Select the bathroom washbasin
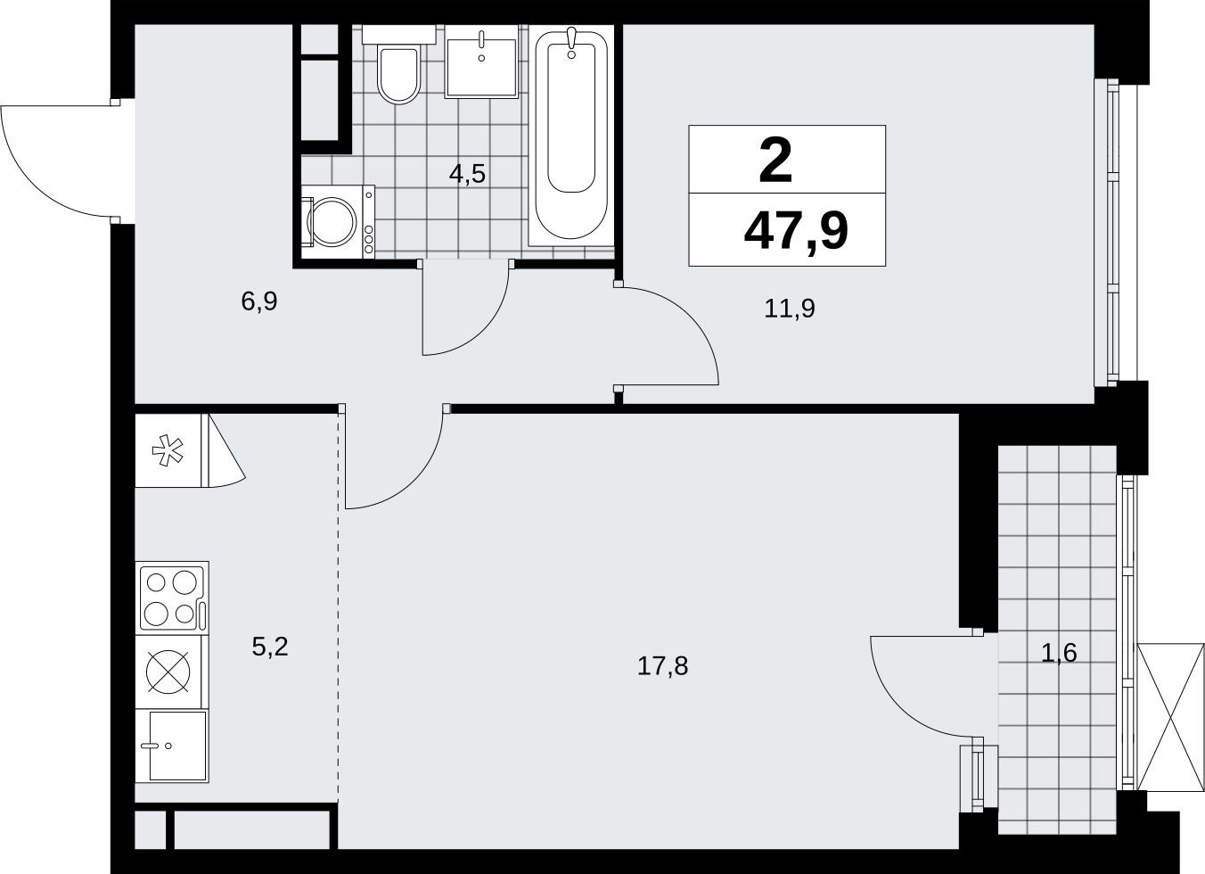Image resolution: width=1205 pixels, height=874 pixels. (x=481, y=62)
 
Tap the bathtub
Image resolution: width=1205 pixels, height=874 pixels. (x=571, y=136)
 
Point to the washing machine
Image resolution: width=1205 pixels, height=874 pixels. (x=338, y=222)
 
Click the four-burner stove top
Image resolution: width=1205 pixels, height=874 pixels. (x=172, y=598)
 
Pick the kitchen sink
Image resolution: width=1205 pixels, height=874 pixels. (x=172, y=746)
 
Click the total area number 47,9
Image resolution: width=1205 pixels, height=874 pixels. (x=796, y=232)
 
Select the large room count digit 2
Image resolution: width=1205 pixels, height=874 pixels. (x=775, y=160)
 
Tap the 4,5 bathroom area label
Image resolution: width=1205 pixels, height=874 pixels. (x=468, y=174)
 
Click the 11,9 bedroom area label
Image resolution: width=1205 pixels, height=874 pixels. (x=790, y=309)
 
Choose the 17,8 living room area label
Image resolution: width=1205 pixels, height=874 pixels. (x=663, y=666)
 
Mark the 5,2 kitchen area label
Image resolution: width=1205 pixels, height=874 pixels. (x=270, y=647)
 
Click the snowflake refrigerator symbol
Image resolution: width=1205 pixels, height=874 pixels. (x=168, y=450)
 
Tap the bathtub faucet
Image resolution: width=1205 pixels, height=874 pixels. (x=571, y=43)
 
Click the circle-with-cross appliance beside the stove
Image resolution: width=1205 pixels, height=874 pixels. (x=168, y=672)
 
